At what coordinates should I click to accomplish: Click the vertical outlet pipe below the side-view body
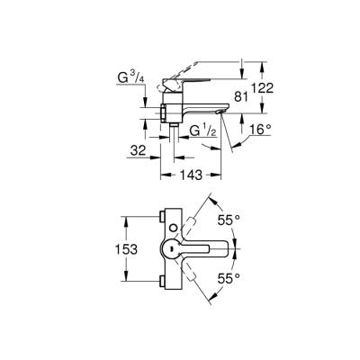coord(171,135)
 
